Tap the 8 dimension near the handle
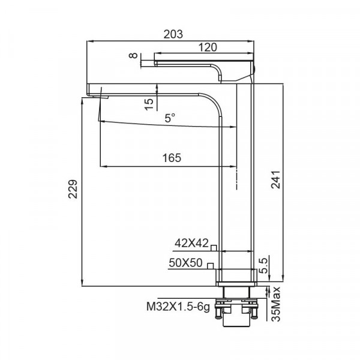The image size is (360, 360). pos(133,56)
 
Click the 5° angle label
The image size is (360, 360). pos(171,118)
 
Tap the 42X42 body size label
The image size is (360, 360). pos(191,243)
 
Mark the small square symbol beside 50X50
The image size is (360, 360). pos(210,265)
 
